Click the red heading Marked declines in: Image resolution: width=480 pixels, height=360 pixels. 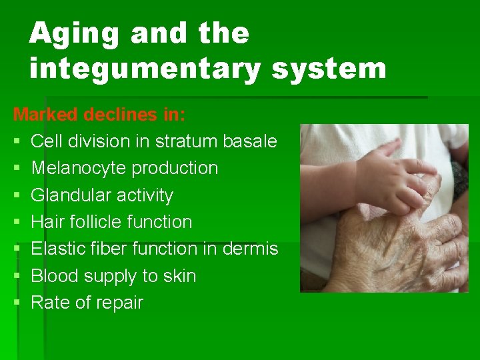[99, 114]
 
